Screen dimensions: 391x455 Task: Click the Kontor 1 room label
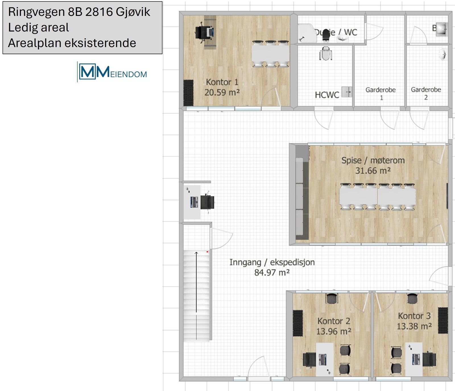point(222,82)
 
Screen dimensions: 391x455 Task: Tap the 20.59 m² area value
point(222,93)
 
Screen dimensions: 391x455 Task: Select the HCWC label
point(327,95)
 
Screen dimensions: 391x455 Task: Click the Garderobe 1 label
point(380,93)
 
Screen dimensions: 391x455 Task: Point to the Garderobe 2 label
point(426,93)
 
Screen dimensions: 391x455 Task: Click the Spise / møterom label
point(373,160)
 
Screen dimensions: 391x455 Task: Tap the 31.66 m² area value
point(373,171)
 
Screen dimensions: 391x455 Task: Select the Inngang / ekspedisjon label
point(272,262)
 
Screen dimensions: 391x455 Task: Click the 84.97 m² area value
point(272,273)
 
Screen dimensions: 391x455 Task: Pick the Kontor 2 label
point(334,321)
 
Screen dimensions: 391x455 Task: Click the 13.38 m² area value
point(414,326)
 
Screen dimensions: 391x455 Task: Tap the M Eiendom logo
point(113,72)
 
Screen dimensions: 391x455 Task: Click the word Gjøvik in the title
point(133,12)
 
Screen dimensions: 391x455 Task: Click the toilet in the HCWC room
point(326,54)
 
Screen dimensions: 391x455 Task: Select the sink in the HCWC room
point(346,92)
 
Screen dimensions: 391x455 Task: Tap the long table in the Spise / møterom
point(377,196)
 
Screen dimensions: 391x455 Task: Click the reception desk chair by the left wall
point(207,202)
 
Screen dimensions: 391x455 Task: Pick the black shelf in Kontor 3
point(443,320)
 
